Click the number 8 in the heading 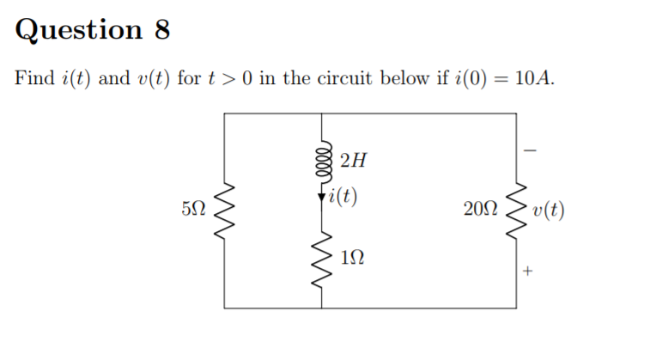pyautogui.click(x=161, y=30)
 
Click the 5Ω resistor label pyautogui.click(x=193, y=209)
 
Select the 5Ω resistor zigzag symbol pyautogui.click(x=225, y=211)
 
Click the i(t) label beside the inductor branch pyautogui.click(x=343, y=197)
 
